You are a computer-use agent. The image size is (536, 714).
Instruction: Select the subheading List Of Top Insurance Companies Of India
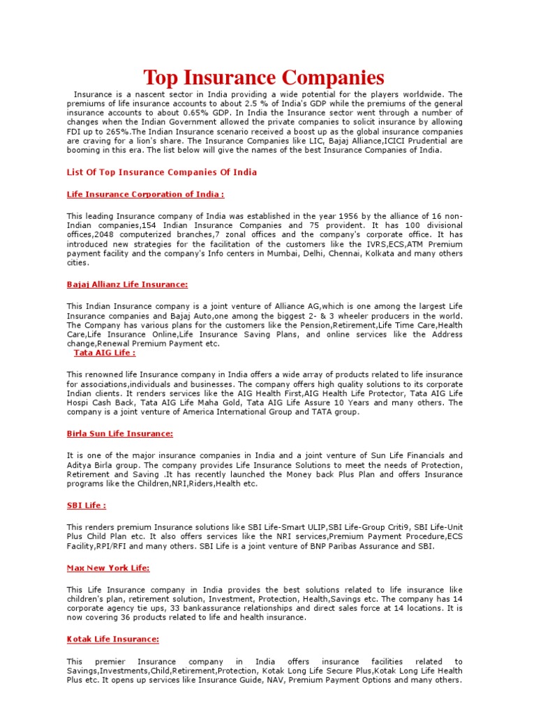click(161, 172)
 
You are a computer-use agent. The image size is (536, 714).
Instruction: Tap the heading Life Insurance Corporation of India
click(145, 195)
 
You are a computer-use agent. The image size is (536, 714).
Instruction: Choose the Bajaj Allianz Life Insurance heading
click(127, 284)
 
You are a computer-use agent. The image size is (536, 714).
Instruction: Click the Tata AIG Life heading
click(105, 353)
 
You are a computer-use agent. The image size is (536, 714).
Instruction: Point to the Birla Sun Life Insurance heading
click(119, 434)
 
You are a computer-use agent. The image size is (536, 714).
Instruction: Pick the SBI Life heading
click(86, 506)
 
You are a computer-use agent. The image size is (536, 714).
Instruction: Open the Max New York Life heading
click(108, 568)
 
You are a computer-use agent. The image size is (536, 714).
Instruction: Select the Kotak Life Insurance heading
click(112, 639)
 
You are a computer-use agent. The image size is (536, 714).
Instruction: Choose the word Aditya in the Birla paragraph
click(80, 465)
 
